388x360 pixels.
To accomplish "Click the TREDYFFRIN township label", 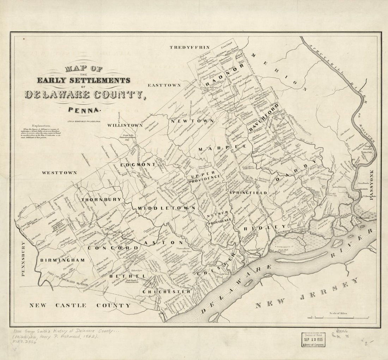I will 189,47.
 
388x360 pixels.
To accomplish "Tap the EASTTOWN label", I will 164,85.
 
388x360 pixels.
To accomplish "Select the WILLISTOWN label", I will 125,125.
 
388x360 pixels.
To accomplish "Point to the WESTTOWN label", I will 59,173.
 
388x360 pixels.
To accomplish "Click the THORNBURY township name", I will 101,199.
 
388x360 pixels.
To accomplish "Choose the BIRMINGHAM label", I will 62,260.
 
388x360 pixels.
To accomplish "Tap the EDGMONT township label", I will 138,165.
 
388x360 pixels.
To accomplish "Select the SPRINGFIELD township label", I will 248,193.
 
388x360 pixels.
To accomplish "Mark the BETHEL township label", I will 123,276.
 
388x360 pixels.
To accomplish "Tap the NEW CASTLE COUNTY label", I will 80,305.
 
